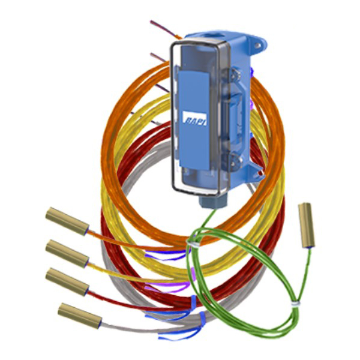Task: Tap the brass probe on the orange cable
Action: click(67, 221)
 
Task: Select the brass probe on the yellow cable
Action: click(67, 254)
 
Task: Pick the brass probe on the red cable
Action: click(67, 282)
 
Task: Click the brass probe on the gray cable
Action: click(80, 316)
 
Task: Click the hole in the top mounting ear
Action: click(257, 46)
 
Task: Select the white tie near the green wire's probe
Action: click(296, 304)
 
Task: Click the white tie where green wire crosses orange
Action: click(193, 244)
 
